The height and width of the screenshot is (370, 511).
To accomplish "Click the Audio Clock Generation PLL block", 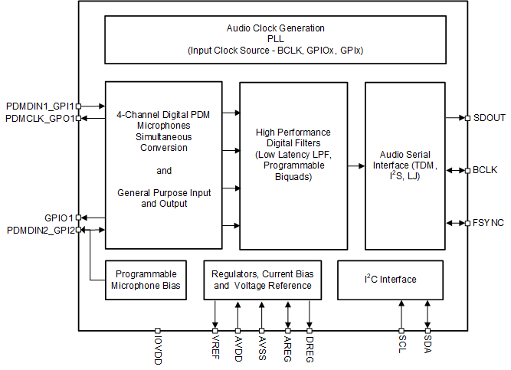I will click(x=275, y=39).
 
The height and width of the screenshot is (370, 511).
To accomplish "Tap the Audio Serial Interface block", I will click(x=405, y=165).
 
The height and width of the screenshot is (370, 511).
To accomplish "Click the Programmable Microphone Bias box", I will click(x=146, y=280).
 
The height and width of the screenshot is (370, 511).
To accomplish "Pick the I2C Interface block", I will click(x=390, y=280).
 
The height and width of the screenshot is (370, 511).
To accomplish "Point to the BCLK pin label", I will click(x=486, y=170).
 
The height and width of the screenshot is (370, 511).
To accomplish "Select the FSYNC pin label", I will click(x=489, y=223).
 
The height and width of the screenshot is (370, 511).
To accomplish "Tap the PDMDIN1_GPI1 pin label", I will click(x=40, y=106).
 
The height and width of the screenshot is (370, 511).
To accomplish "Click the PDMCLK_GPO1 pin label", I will click(x=39, y=118).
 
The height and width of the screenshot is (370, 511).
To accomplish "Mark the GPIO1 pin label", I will click(x=59, y=218).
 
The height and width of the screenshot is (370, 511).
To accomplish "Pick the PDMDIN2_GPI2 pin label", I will click(x=40, y=230).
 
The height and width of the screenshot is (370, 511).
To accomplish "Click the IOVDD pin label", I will click(x=157, y=350).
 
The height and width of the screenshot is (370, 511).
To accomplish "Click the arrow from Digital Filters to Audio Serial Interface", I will click(x=355, y=165).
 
